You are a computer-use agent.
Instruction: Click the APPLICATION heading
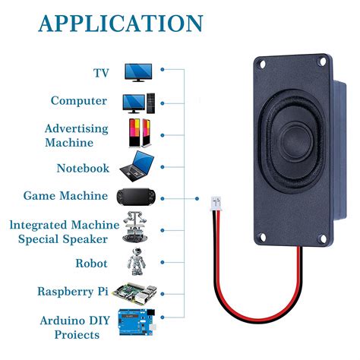[x=121, y=23]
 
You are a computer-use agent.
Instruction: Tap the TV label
[x=101, y=73]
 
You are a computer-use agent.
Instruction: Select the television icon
[x=139, y=71]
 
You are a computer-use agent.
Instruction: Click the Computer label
[x=78, y=100]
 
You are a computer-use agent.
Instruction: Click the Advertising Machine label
[x=76, y=135]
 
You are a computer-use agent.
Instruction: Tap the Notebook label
[x=83, y=168]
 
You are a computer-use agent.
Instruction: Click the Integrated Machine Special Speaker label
[x=64, y=232]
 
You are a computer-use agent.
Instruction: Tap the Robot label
[x=90, y=264]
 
